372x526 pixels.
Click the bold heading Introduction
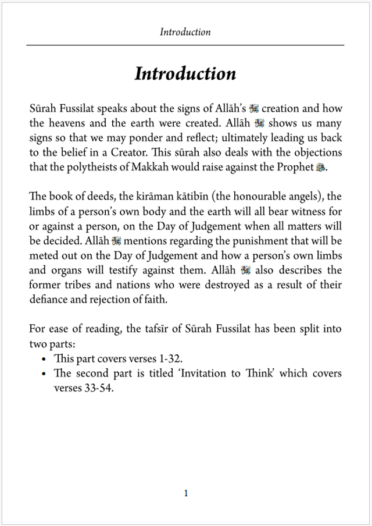185,74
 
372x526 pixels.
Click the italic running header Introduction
185,32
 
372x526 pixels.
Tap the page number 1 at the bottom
186,493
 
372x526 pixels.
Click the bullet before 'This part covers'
44,359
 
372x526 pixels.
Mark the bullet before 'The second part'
44,374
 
